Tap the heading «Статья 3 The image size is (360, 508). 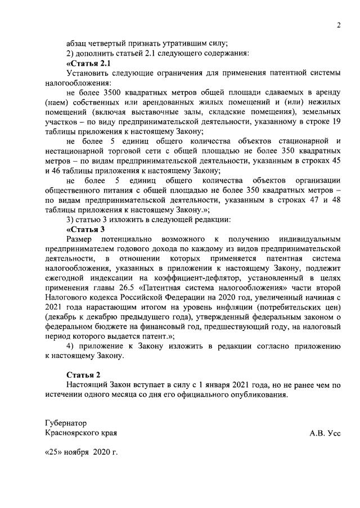point(85,229)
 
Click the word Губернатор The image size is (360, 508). point(66,422)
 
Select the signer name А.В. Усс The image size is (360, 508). point(325,433)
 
